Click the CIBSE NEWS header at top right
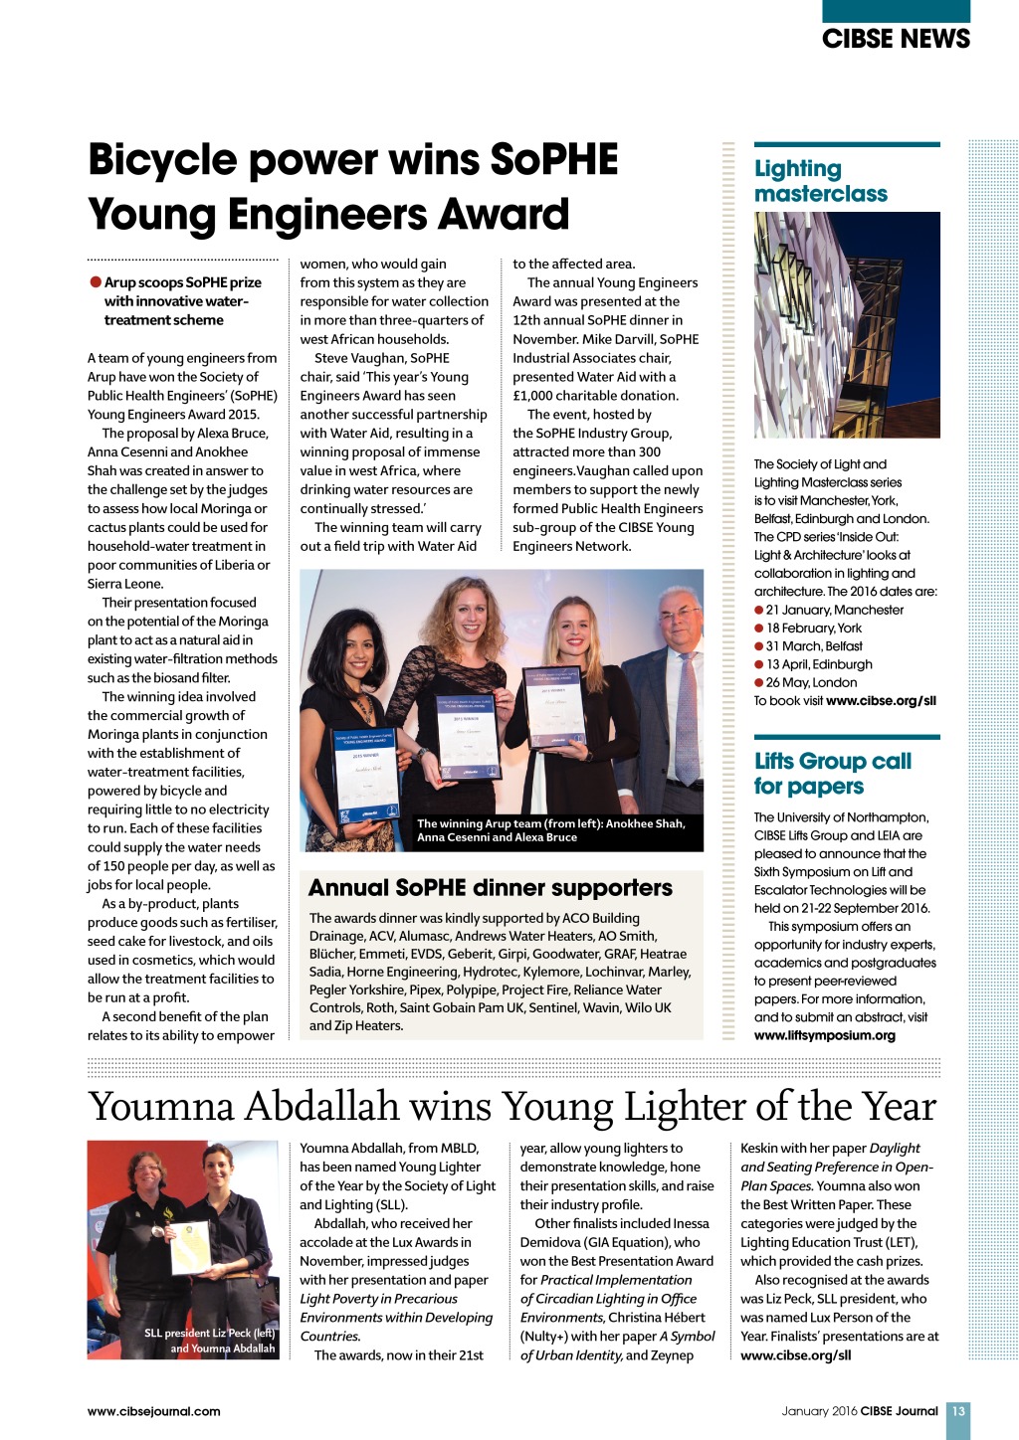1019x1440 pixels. coord(895,39)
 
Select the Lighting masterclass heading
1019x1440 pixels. coord(820,181)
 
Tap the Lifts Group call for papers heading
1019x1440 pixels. coord(832,774)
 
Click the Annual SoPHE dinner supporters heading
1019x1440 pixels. coord(491,888)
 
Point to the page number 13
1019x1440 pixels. coord(958,1411)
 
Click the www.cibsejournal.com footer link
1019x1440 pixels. coord(153,1411)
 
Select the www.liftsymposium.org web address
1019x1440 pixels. coord(824,1035)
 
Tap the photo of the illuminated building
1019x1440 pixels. coord(847,325)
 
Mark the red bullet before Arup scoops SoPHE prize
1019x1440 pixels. coord(96,282)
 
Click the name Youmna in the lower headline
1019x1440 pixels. coord(160,1107)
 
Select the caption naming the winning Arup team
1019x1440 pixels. coord(550,830)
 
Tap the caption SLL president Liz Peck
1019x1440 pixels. coord(209,1334)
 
